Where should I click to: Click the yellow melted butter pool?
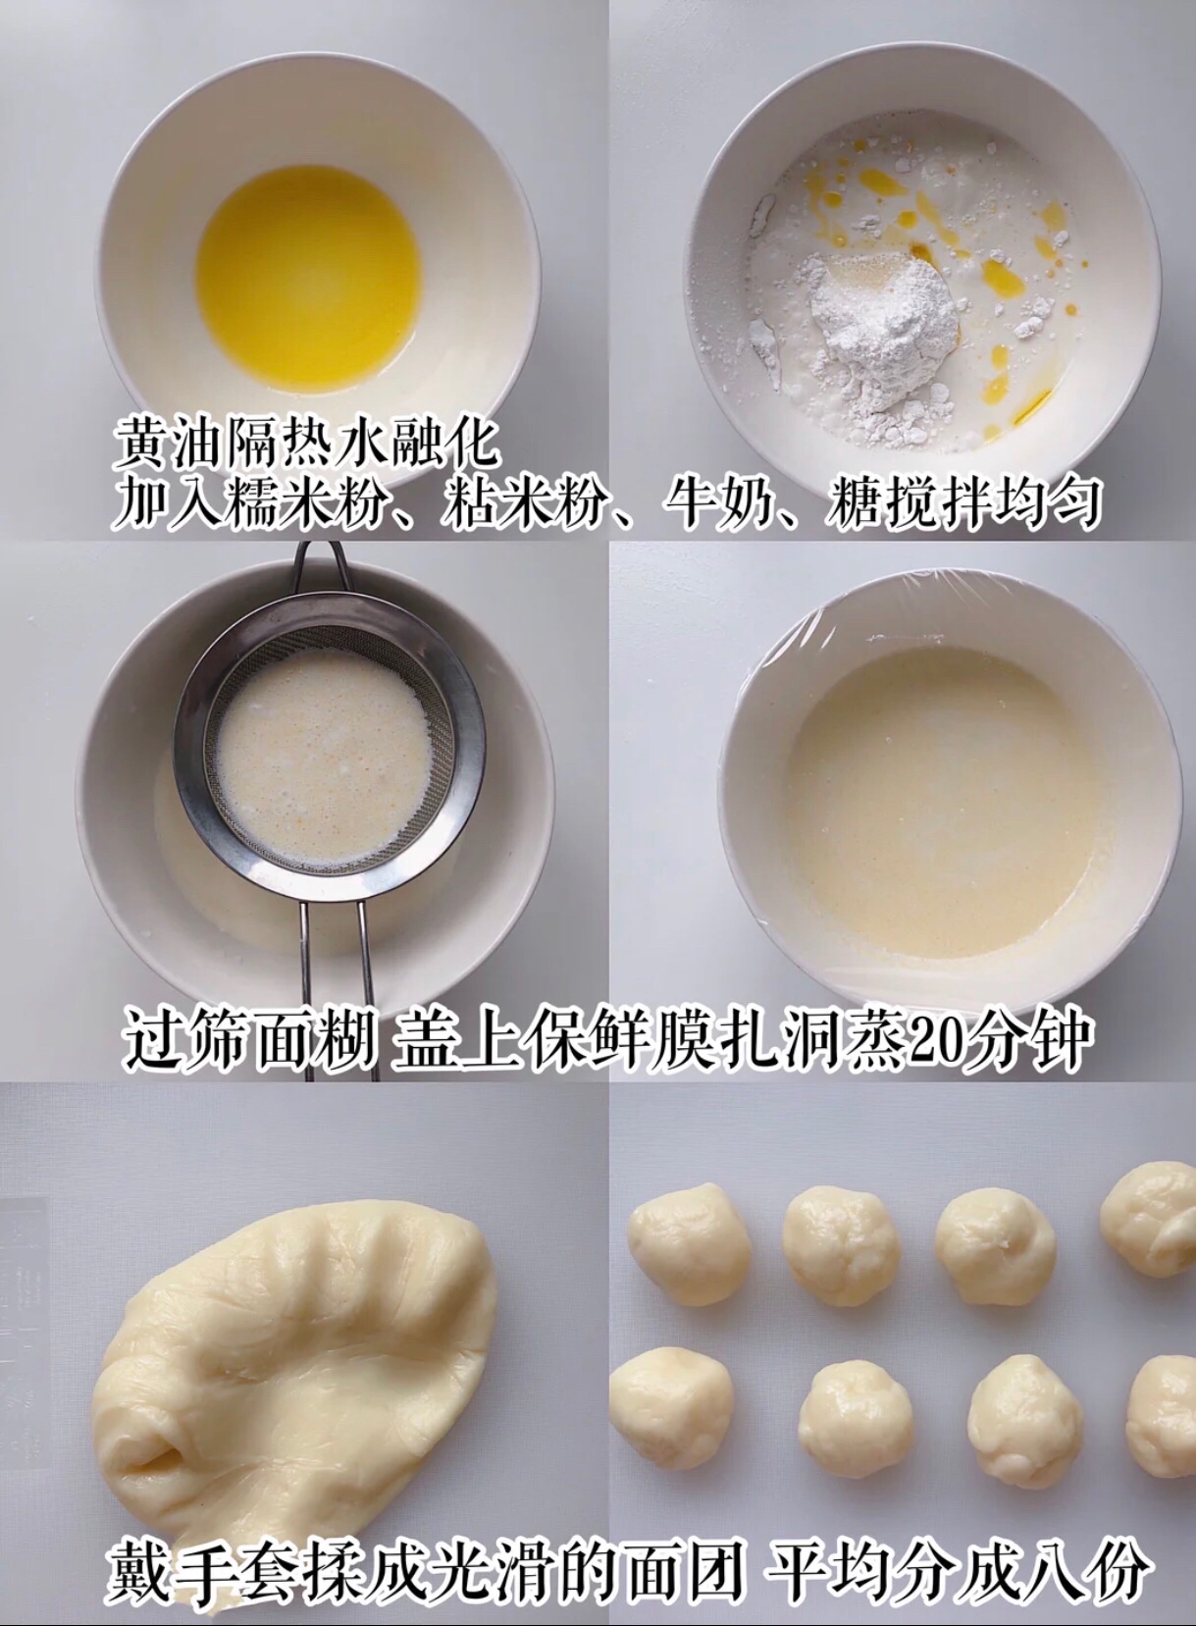coord(308,280)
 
